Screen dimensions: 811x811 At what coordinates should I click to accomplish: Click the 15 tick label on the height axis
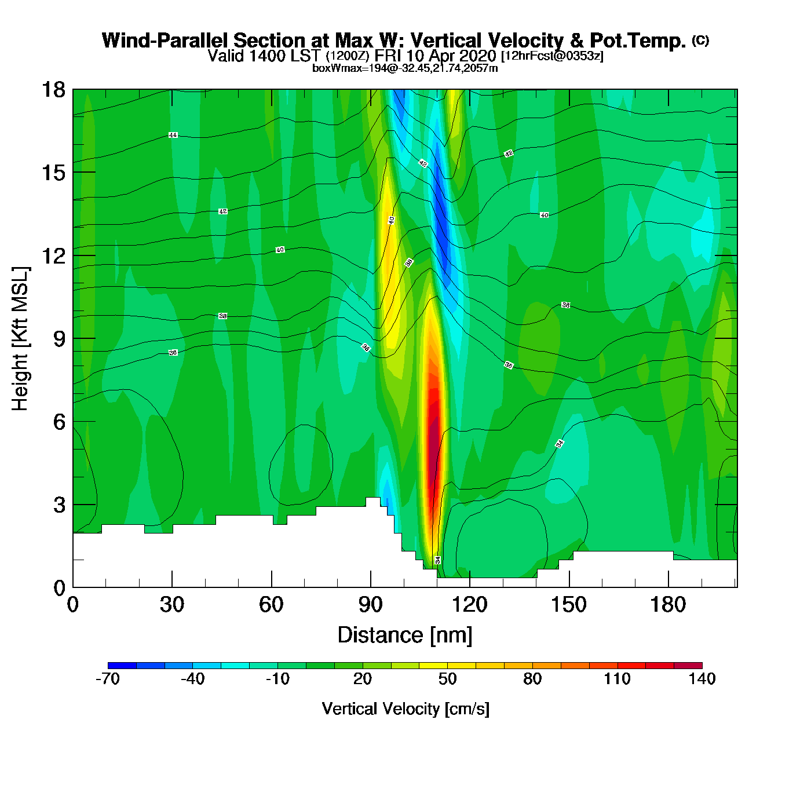[53, 173]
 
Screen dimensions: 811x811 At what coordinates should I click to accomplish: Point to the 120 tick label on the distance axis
[470, 605]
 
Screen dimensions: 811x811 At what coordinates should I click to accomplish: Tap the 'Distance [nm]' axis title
[405, 635]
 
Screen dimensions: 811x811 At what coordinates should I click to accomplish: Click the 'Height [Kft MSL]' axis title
[20, 339]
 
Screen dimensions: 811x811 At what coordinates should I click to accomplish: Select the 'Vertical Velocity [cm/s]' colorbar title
[405, 708]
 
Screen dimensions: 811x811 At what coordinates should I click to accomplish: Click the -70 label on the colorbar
[108, 679]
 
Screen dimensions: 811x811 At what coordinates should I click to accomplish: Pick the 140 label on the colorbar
[702, 679]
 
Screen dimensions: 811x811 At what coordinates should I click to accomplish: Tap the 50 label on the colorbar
[447, 679]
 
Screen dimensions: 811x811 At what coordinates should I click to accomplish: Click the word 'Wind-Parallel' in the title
[165, 41]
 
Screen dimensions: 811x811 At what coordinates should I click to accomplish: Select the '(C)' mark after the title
[700, 40]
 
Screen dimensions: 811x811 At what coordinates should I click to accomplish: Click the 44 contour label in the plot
[173, 135]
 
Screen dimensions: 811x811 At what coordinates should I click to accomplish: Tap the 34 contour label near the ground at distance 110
[438, 560]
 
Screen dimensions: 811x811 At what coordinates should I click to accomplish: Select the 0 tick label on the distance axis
[73, 605]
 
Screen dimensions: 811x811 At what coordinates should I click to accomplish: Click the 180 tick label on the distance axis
[668, 605]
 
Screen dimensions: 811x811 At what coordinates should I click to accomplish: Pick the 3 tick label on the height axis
[59, 505]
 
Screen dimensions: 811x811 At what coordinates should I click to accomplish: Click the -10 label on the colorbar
[277, 679]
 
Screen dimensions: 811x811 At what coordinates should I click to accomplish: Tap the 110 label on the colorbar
[617, 679]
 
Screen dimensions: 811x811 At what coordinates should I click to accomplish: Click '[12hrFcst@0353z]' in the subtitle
[551, 56]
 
